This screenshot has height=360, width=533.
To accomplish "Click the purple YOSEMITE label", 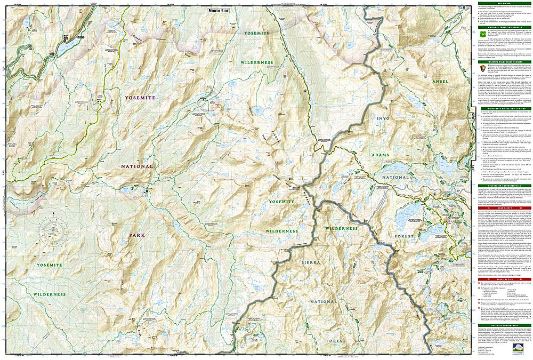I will (140, 98).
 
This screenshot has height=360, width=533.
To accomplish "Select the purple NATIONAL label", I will (136, 166).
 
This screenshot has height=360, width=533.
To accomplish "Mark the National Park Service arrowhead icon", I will (482, 68).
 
